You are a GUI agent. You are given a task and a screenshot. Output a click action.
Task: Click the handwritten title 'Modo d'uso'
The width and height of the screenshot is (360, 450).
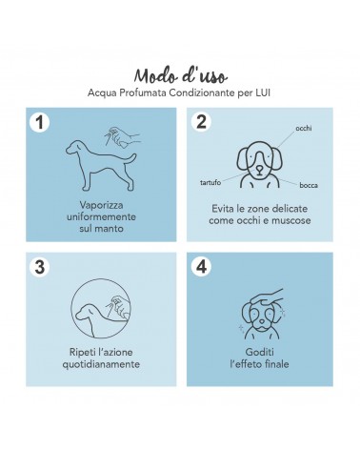180,76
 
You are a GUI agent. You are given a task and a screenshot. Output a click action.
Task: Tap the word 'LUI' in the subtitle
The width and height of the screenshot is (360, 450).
263,93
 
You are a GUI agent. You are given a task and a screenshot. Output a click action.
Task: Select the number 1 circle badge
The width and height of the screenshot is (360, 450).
40,123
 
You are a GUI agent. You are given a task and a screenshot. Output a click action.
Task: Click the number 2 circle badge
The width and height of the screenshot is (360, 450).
201,122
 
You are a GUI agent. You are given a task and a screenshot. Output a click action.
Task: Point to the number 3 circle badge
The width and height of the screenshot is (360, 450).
40,267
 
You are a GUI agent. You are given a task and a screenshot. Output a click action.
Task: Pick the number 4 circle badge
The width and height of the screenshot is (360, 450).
201,266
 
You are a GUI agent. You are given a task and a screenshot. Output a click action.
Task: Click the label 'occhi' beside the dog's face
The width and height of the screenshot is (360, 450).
304,128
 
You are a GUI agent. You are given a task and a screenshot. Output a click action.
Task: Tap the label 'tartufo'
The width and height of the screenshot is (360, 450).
210,182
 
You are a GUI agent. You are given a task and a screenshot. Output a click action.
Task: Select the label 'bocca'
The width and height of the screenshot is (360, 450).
309,185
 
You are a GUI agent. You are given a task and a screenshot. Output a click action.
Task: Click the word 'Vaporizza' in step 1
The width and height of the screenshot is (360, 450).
101,205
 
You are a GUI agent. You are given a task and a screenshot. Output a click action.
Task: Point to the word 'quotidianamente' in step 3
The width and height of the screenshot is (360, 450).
101,364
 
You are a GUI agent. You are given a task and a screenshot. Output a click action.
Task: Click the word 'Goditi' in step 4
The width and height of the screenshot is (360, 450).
259,352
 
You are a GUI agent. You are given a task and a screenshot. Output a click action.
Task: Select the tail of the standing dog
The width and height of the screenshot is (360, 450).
130,157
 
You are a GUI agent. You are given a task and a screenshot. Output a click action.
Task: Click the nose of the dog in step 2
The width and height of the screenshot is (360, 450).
259,168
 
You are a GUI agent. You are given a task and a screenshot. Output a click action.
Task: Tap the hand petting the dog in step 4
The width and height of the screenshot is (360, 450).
266,297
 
